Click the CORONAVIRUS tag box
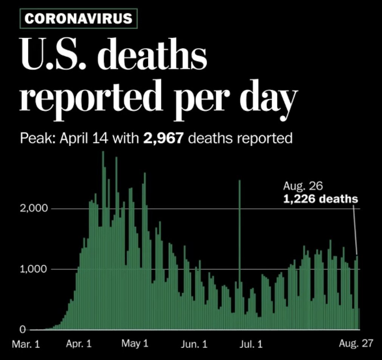pyautogui.click(x=78, y=18)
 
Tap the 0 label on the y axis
pyautogui.click(x=22, y=330)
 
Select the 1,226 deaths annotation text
pyautogui.click(x=320, y=198)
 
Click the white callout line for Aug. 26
pyautogui.click(x=355, y=230)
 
